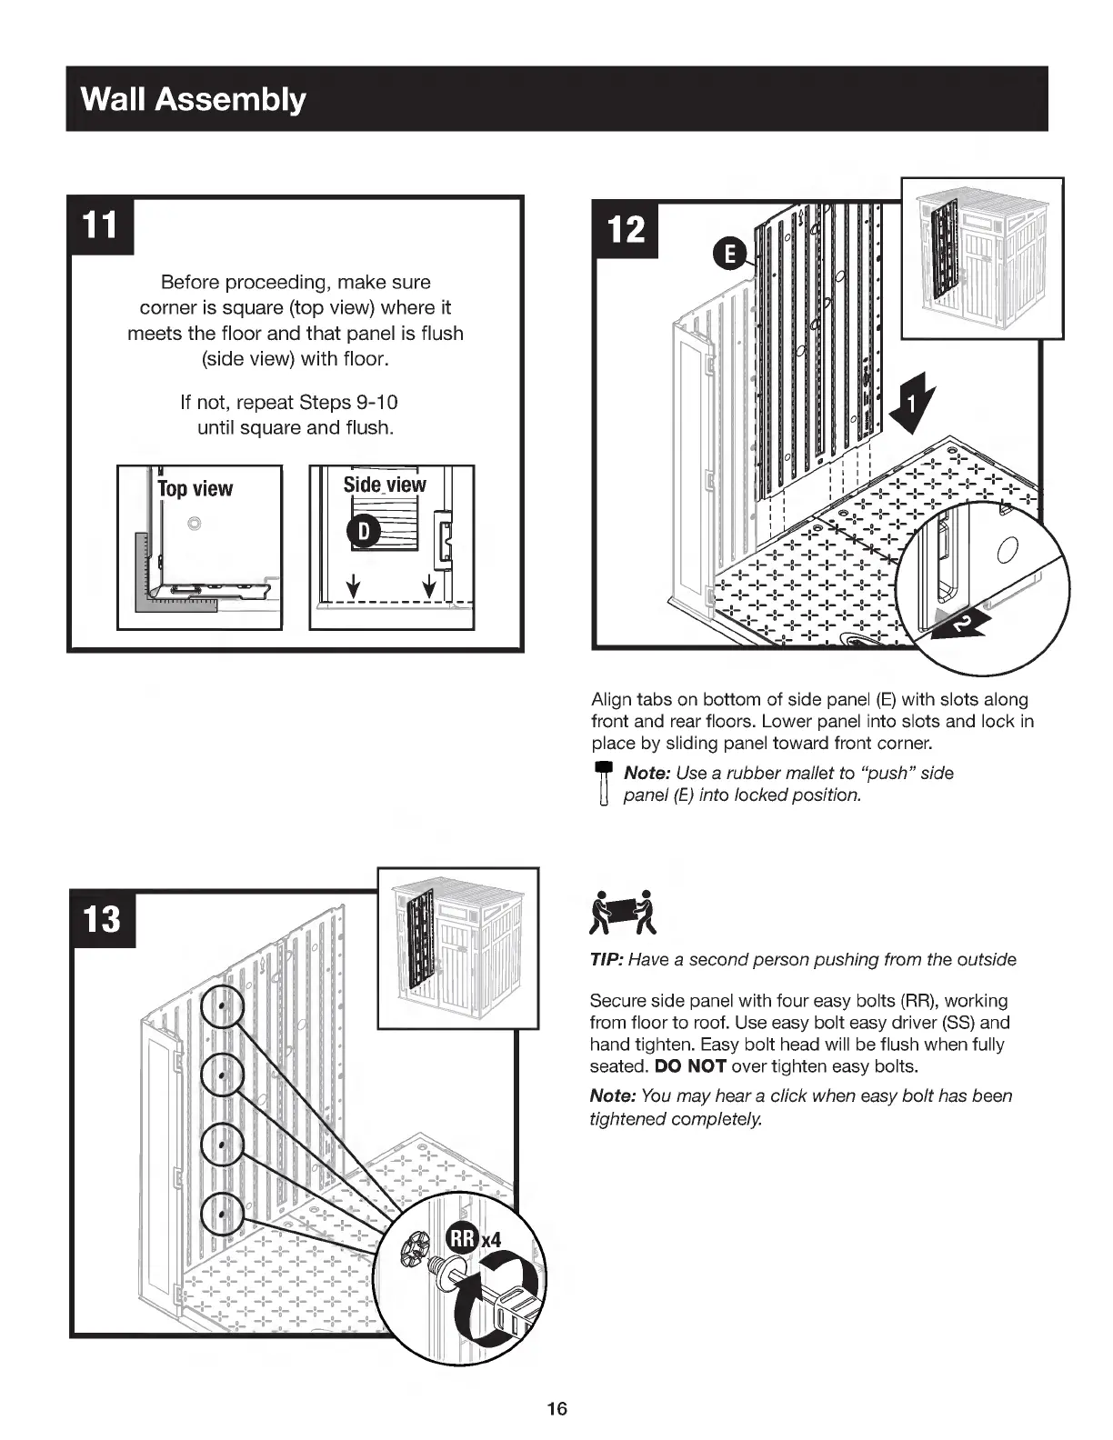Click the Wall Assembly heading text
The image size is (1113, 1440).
193,99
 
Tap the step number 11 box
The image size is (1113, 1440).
101,225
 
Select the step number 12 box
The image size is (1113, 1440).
626,229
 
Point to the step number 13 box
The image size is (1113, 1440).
103,919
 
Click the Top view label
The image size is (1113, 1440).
195,489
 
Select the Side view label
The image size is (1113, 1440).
384,485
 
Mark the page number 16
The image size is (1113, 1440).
556,1408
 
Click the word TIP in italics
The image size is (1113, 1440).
606,960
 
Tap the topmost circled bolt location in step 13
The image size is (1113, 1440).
222,1006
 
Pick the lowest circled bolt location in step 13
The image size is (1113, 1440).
222,1212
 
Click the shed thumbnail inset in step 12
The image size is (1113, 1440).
982,258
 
